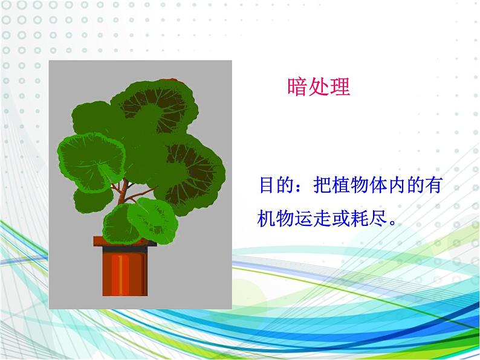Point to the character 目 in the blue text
(267, 185)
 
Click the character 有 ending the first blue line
(433, 185)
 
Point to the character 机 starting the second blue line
(267, 219)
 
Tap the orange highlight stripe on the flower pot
(120, 275)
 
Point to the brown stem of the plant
(123, 192)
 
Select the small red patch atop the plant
(169, 80)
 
